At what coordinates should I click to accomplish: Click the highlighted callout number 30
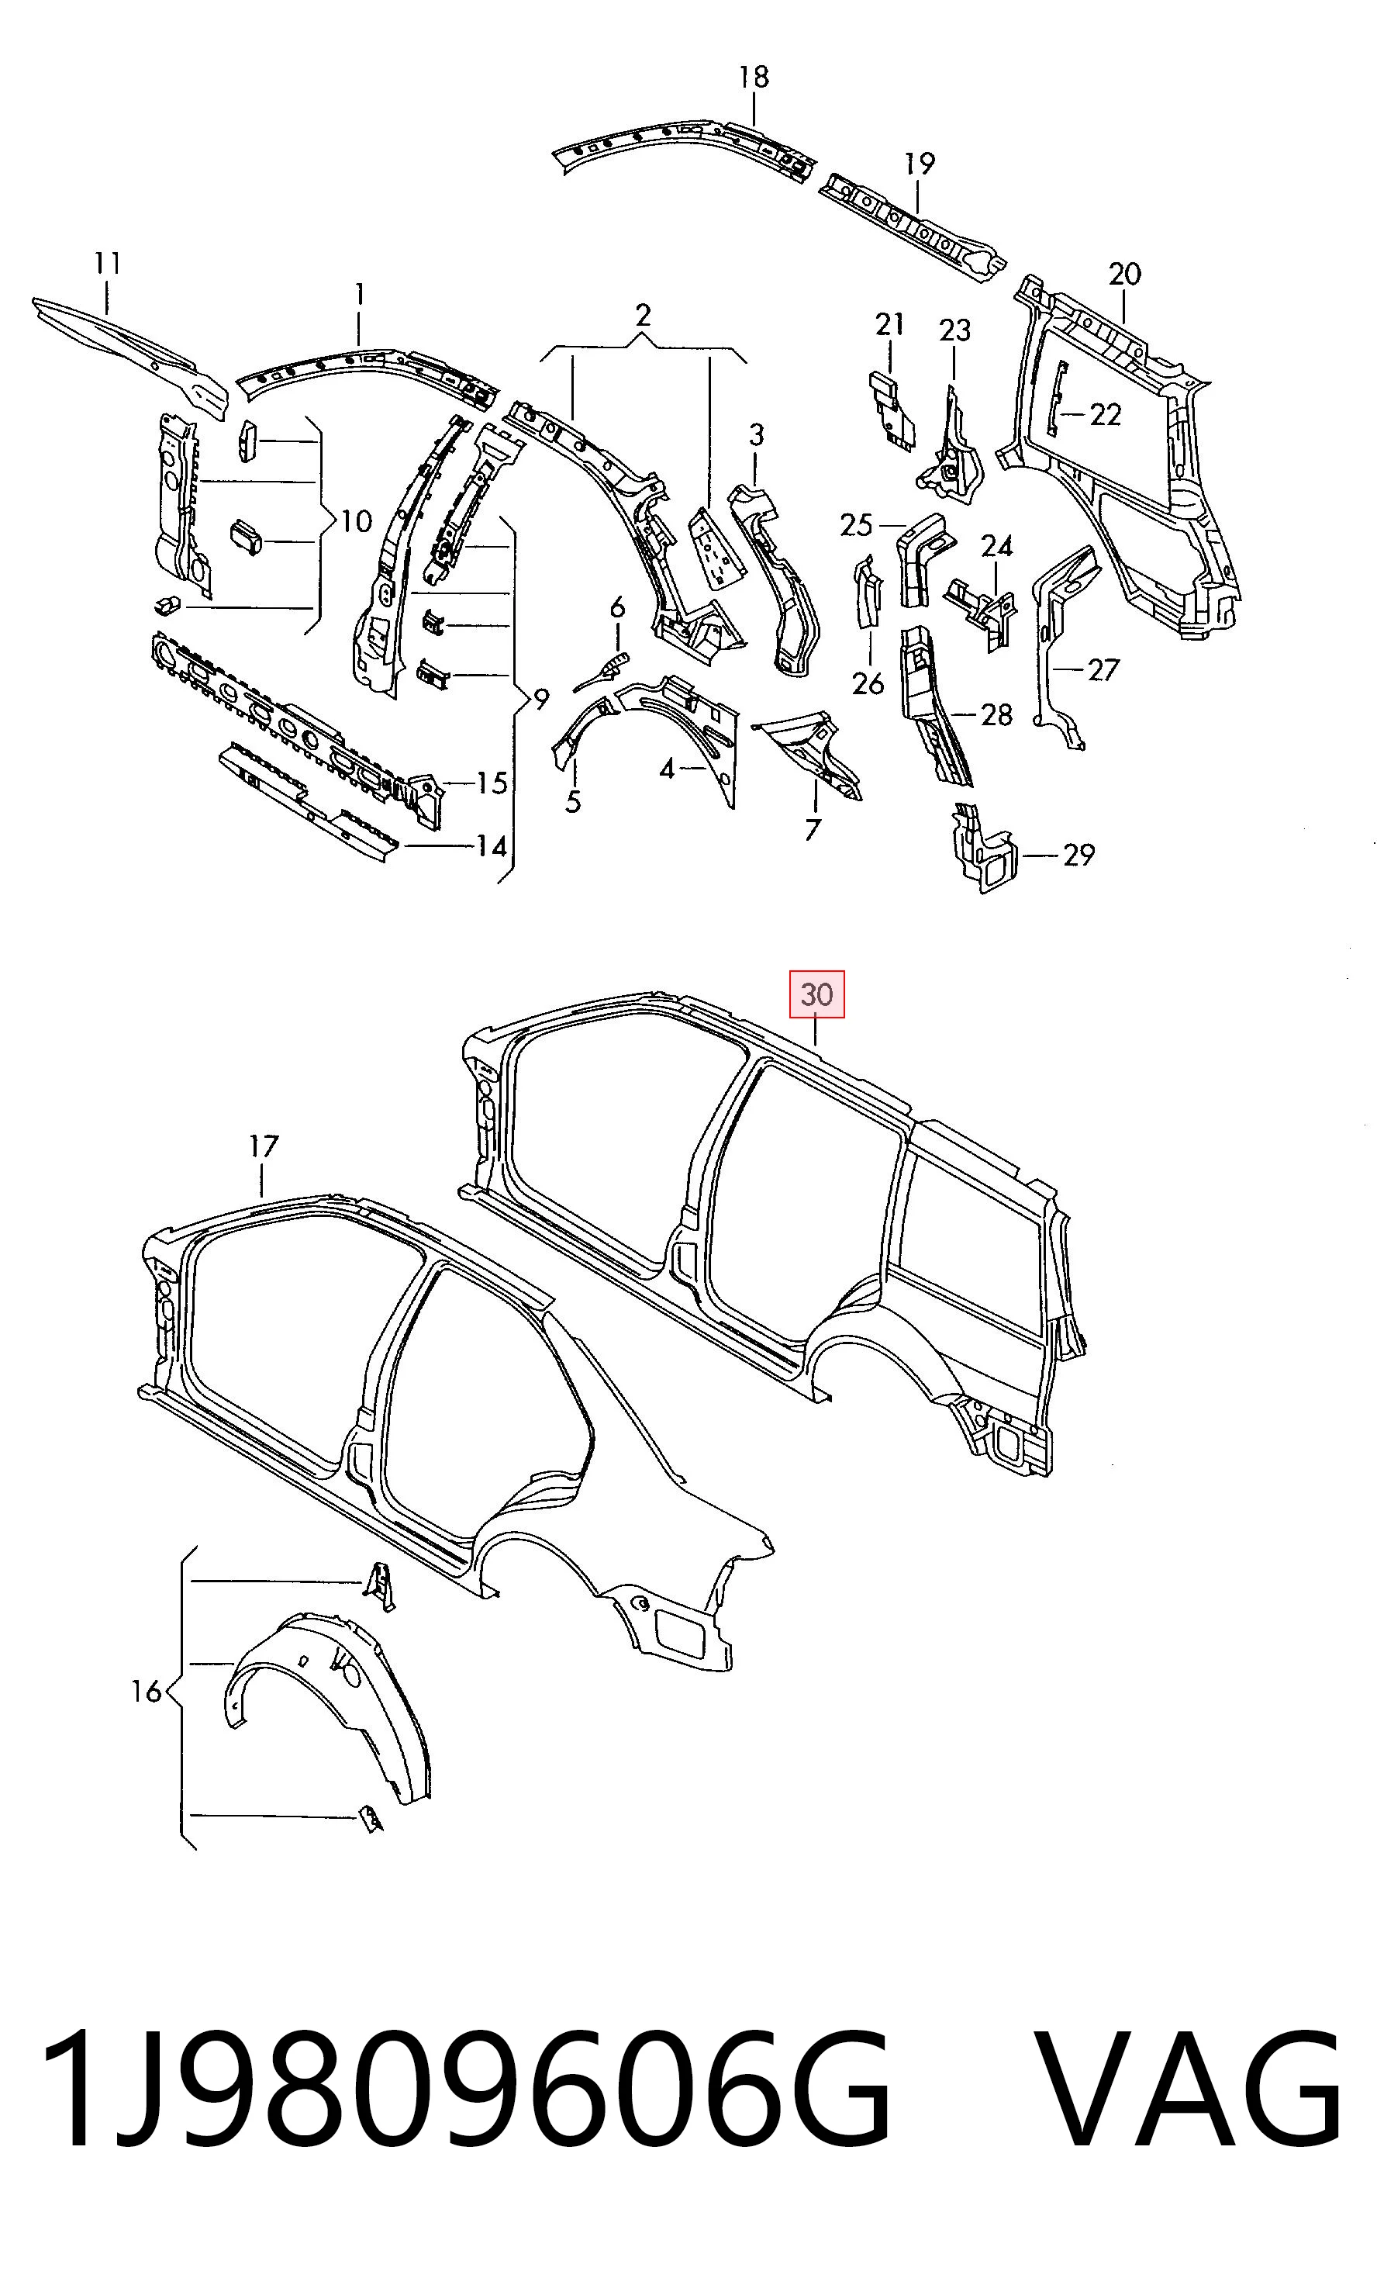tap(816, 995)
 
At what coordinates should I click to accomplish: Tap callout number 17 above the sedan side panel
tap(264, 1146)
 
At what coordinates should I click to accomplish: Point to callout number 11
tap(107, 264)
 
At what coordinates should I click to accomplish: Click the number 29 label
tap(1078, 856)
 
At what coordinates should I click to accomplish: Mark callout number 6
tap(617, 607)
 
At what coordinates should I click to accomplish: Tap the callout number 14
tap(491, 845)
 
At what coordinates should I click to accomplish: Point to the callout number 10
tap(356, 521)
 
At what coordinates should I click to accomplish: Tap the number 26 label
tap(868, 683)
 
